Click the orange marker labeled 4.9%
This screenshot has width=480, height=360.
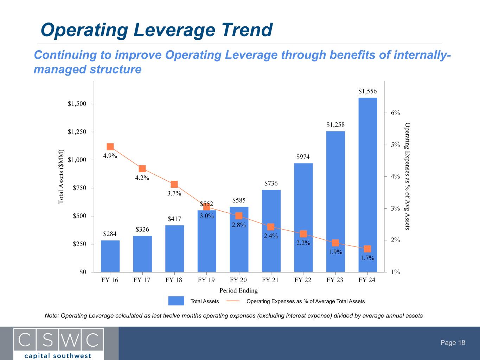110,147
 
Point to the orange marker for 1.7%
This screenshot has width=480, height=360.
367,249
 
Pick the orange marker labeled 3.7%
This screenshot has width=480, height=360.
174,184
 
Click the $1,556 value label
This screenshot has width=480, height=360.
367,91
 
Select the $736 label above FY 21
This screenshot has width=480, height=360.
271,183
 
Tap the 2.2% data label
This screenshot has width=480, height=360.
303,243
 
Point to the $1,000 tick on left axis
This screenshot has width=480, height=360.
76,160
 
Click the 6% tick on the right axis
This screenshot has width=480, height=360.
395,113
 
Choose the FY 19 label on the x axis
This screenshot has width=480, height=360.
206,280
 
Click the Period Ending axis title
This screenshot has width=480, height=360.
238,290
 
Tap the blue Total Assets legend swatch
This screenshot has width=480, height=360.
176,301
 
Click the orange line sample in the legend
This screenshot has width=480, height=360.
233,301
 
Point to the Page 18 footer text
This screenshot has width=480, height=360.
453,343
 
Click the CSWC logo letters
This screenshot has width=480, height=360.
58,339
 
